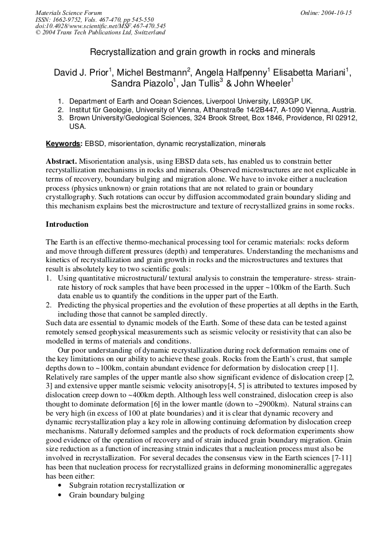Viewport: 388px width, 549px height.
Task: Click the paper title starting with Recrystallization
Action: click(203, 52)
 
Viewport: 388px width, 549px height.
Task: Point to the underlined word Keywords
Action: click(64, 143)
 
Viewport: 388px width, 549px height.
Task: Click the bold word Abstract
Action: click(61, 161)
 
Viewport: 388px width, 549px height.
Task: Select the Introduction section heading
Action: click(67, 224)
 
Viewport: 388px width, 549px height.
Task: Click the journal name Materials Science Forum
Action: click(69, 13)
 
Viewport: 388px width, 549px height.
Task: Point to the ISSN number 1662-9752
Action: click(69, 19)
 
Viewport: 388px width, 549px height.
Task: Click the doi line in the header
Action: click(100, 26)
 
